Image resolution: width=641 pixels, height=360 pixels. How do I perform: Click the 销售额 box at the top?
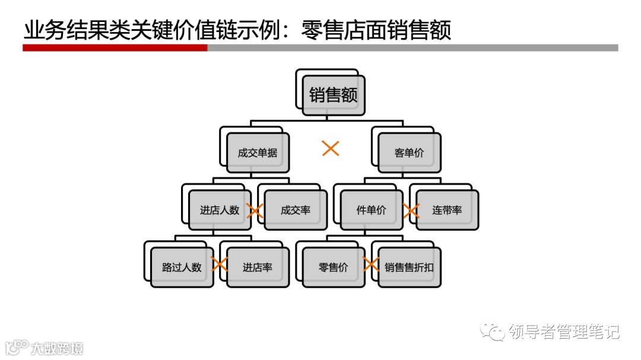click(334, 95)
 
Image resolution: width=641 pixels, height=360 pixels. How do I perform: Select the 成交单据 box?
click(258, 152)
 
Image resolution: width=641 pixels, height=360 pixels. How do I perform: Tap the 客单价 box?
click(410, 152)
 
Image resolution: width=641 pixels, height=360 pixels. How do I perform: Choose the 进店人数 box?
click(220, 210)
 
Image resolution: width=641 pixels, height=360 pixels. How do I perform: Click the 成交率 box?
click(296, 210)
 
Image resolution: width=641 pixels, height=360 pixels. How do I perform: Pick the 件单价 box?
click(372, 210)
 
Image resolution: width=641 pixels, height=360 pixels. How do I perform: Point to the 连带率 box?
click(448, 210)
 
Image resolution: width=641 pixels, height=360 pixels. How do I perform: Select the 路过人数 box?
click(182, 267)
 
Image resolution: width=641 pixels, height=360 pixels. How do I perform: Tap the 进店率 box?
click(258, 267)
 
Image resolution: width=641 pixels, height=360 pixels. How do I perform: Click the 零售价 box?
click(334, 267)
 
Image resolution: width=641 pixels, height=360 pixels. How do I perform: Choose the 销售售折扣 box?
click(410, 267)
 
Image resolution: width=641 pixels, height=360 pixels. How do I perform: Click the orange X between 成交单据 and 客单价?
click(331, 148)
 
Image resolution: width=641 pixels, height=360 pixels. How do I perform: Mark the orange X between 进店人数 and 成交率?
click(255, 211)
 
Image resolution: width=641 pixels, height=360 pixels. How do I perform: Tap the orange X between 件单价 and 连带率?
click(411, 211)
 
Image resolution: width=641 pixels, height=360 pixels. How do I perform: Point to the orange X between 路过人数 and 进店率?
click(220, 265)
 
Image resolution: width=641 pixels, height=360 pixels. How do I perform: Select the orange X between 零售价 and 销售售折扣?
click(372, 265)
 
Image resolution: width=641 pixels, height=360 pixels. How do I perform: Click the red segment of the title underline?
click(115, 47)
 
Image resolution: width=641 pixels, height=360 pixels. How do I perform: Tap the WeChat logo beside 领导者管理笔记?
click(493, 331)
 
